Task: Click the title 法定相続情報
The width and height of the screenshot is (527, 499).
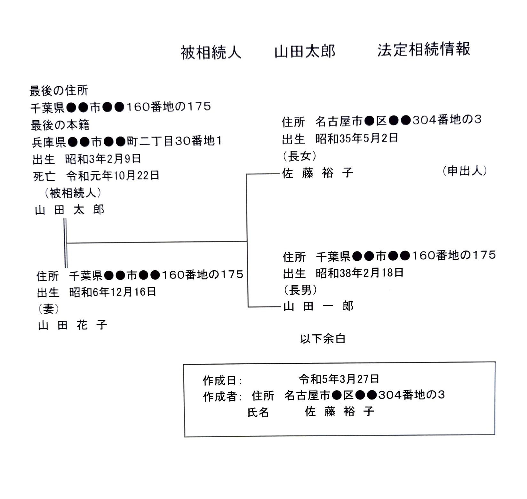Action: [424, 50]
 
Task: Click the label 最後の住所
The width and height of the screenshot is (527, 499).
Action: [59, 91]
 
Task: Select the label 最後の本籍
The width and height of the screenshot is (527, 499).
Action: [60, 125]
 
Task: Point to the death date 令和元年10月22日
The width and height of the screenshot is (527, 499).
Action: [113, 175]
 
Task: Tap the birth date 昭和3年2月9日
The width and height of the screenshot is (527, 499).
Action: [103, 159]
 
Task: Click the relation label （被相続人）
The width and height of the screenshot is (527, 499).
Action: [73, 193]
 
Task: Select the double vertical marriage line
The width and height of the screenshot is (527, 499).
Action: [66, 243]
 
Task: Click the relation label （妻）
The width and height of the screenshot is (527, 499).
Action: [49, 309]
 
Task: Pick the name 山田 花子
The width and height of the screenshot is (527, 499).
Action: [73, 325]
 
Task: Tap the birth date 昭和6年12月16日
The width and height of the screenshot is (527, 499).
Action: [113, 292]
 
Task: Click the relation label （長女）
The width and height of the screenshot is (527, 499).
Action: [299, 156]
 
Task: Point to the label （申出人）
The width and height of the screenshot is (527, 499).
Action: [465, 171]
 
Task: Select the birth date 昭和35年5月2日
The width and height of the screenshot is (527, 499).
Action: [357, 138]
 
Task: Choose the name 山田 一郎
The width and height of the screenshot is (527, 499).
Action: [319, 306]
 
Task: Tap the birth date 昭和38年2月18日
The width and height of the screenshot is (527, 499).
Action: [360, 273]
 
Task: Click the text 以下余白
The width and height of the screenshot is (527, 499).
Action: [323, 339]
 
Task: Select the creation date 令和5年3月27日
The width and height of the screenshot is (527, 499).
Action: [339, 379]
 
